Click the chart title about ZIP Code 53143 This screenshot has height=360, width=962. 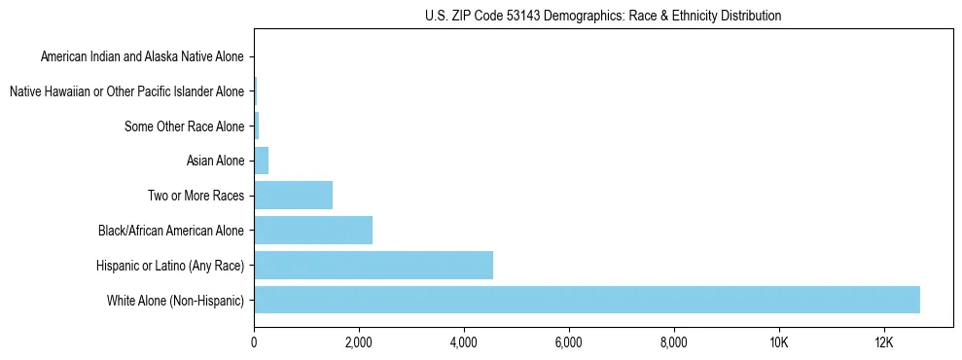[x=603, y=16]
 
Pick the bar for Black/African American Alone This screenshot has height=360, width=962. [x=313, y=231]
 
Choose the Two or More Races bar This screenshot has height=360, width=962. [x=293, y=196]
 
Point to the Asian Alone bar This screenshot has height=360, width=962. [x=261, y=161]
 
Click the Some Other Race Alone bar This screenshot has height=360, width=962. [x=257, y=126]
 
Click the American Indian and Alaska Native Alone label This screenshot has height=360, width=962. [x=143, y=56]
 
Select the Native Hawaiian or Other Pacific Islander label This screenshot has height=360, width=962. [x=126, y=91]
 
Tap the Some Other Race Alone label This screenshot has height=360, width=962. [x=185, y=126]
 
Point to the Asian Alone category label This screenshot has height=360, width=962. [x=215, y=161]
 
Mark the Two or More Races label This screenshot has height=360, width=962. [x=194, y=196]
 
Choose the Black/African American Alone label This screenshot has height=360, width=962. [x=171, y=231]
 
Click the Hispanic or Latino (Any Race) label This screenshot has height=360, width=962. [x=170, y=265]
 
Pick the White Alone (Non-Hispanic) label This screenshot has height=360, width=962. [x=176, y=300]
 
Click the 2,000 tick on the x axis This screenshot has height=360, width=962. [x=359, y=343]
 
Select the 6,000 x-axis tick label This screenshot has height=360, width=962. [x=569, y=343]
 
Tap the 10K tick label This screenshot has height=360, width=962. [x=779, y=343]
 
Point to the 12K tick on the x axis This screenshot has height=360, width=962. [x=883, y=343]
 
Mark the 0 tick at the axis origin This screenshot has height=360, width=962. [x=254, y=343]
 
